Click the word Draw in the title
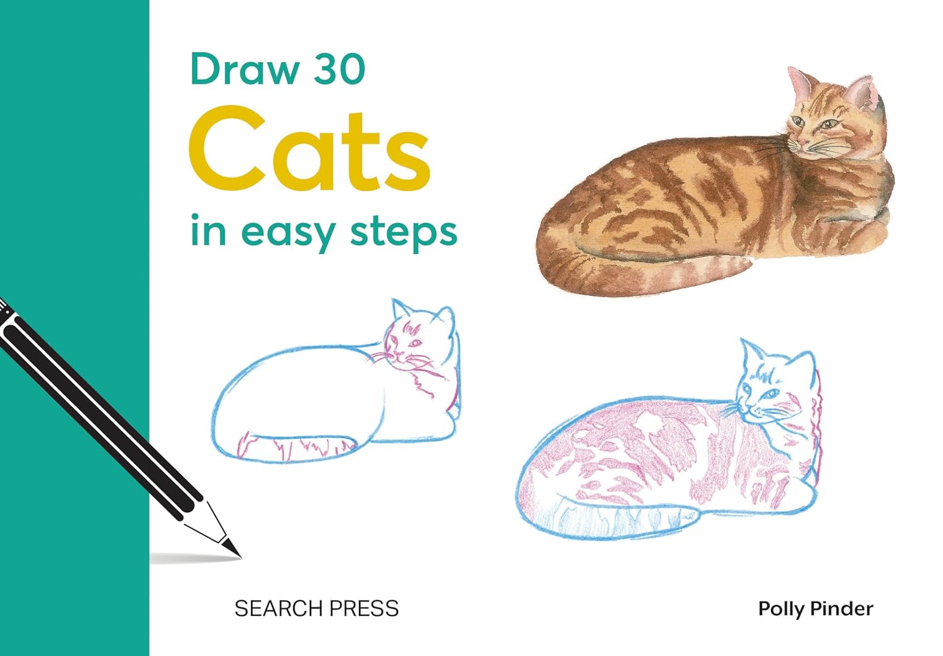point(245,69)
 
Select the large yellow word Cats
point(309,149)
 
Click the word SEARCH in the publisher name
point(279,608)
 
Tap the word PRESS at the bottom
point(364,608)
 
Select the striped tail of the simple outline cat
point(295,449)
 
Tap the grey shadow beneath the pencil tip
point(196,559)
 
